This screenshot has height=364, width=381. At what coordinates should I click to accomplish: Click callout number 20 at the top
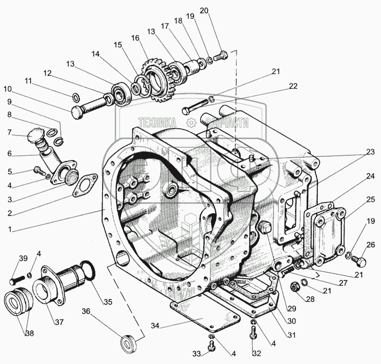coord(204,11)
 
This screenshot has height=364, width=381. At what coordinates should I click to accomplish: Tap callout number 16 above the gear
coord(135,38)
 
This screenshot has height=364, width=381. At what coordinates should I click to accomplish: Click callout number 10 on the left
coord(7,89)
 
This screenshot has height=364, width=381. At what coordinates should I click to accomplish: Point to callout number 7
coord(9,132)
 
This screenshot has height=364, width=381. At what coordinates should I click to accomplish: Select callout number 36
coord(86,311)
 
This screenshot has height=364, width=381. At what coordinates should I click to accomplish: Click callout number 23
coord(370,151)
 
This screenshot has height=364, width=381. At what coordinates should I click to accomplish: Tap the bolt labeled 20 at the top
coord(221,56)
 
